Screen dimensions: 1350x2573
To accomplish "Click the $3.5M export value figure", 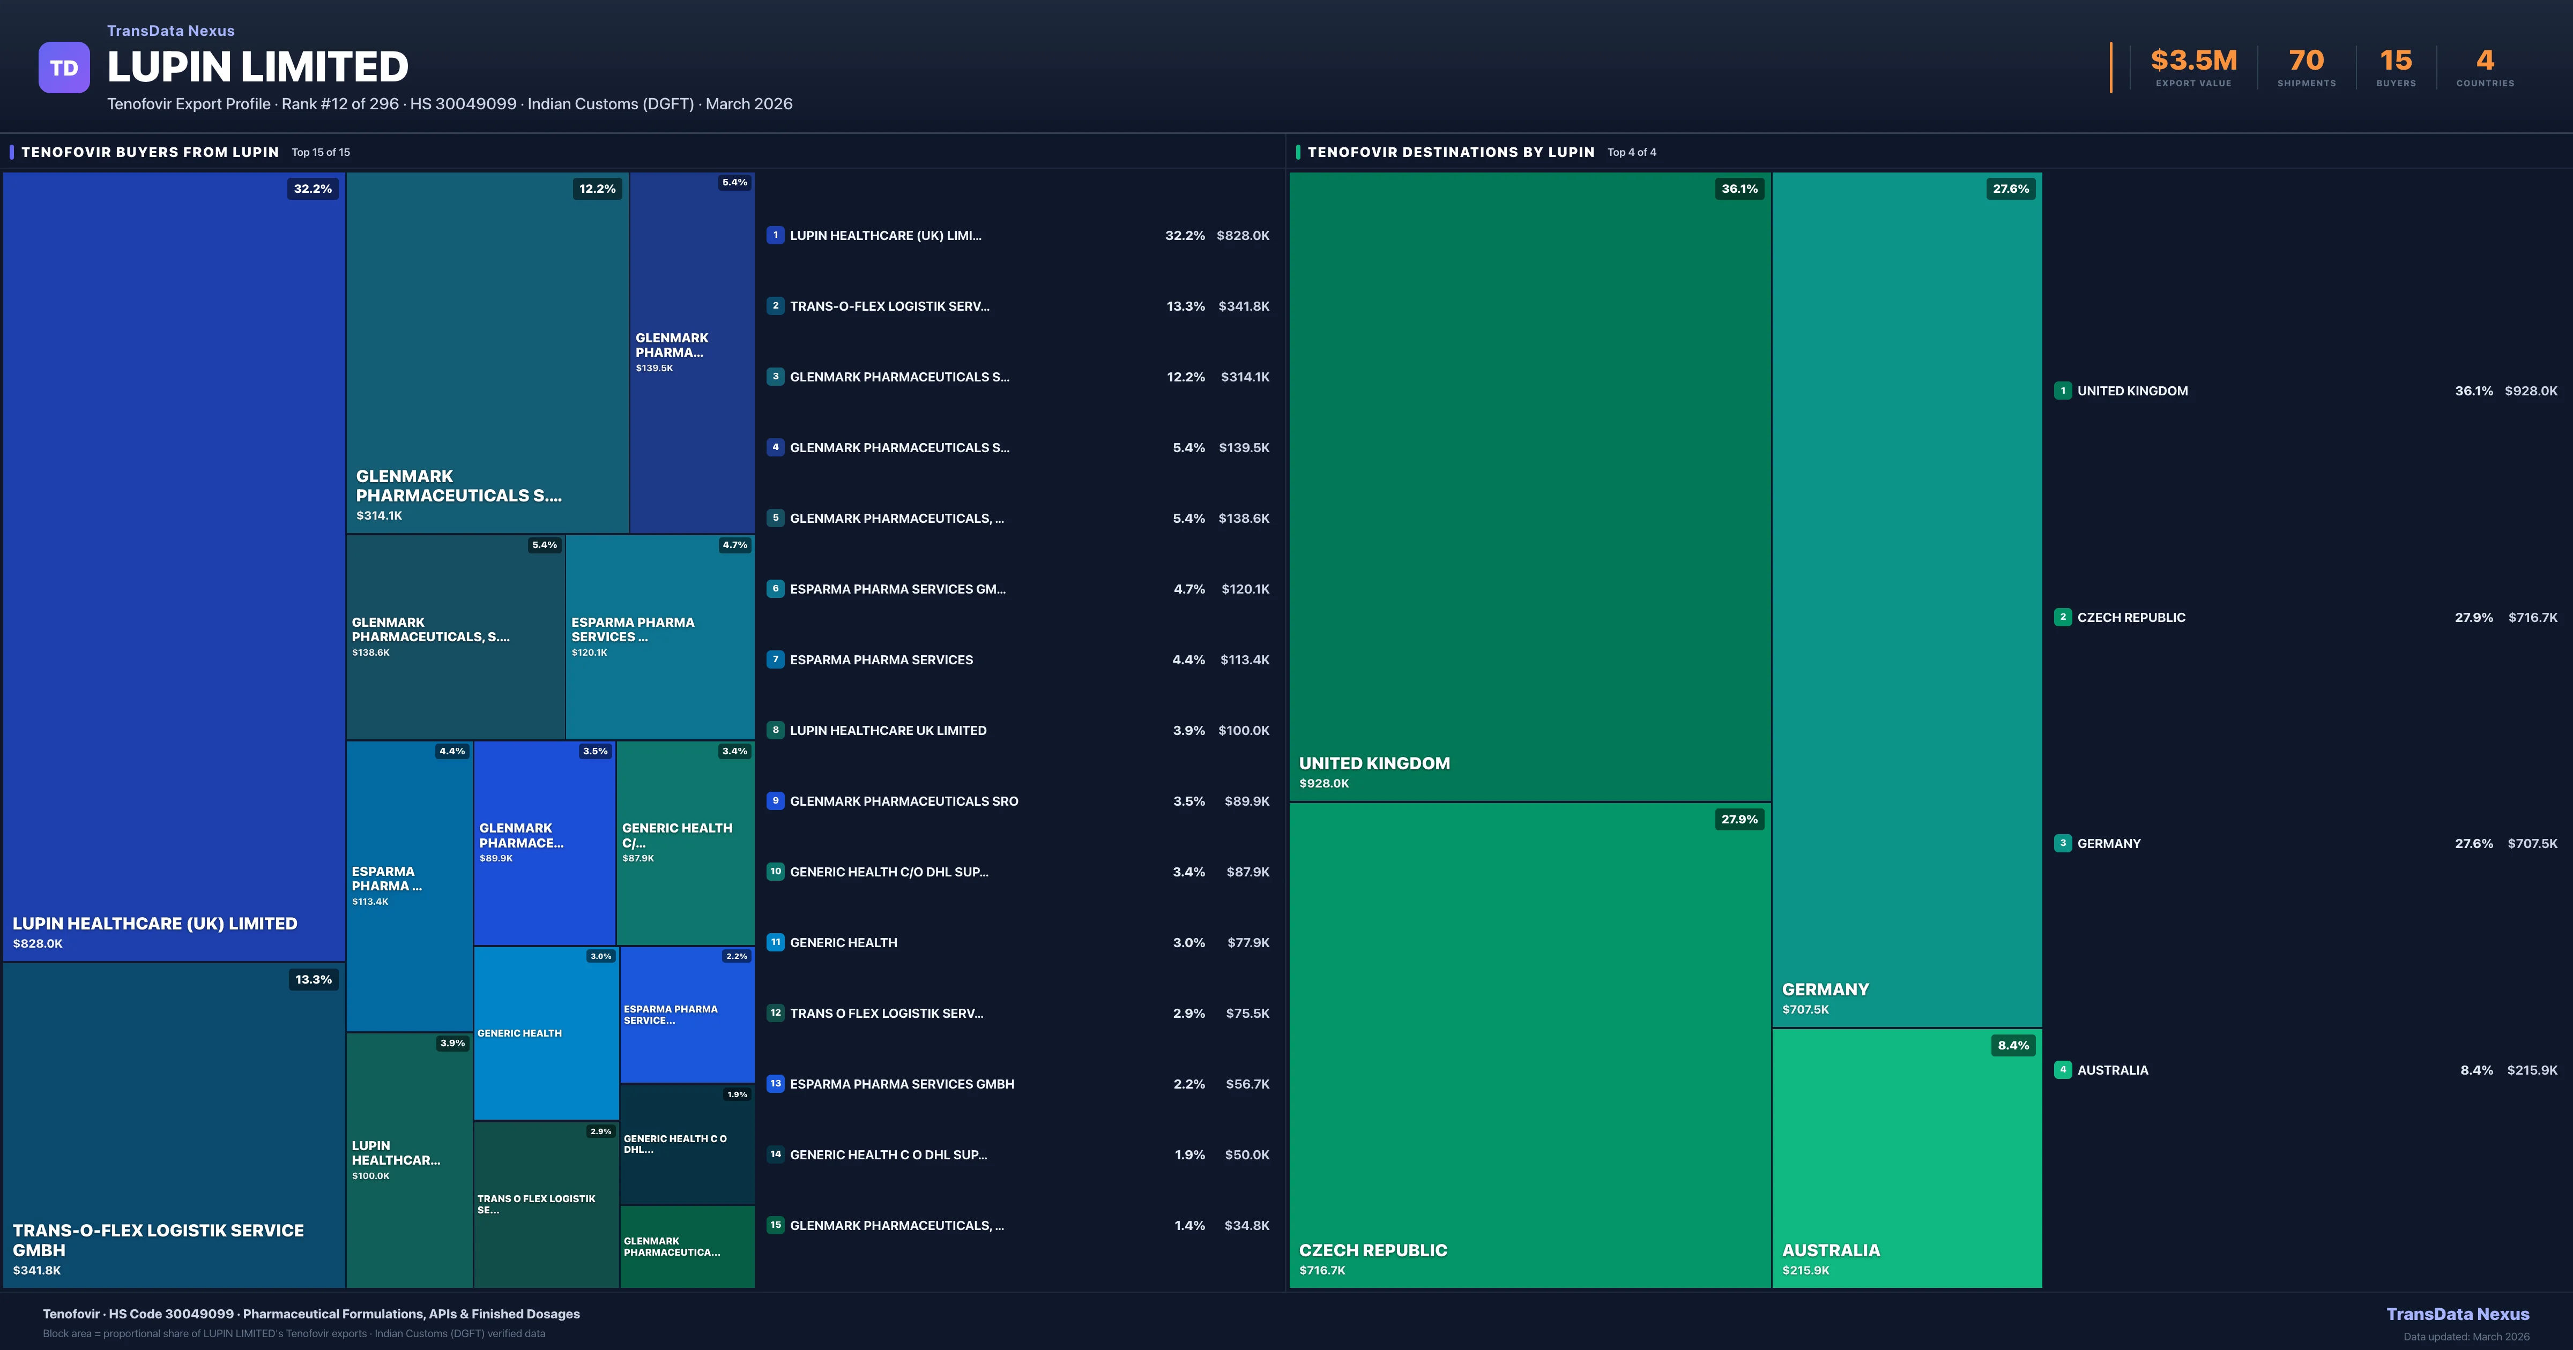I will [x=2193, y=61].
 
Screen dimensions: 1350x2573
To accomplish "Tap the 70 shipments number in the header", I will [x=2306, y=61].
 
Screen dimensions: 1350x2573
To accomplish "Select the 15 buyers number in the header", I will [x=2395, y=61].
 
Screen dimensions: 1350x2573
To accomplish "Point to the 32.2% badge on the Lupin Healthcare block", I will [x=313, y=189].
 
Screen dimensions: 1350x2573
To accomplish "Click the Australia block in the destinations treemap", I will [x=1906, y=1158].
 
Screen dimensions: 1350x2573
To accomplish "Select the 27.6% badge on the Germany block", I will [x=2011, y=189].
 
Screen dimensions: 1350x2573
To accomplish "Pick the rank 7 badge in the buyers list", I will [x=775, y=659].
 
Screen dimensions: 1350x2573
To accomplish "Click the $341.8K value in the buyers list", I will [x=1244, y=306].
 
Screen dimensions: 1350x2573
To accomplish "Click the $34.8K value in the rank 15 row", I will [x=1246, y=1225].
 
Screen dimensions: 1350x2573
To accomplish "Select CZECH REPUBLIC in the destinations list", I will [x=2131, y=617].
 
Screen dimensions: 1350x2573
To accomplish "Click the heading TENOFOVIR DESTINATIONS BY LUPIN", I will [x=1451, y=152].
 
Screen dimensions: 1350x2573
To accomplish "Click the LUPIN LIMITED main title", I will [x=258, y=67].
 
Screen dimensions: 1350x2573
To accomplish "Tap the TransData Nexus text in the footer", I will [x=2457, y=1314].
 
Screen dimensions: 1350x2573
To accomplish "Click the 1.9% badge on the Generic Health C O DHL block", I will [x=737, y=1094].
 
